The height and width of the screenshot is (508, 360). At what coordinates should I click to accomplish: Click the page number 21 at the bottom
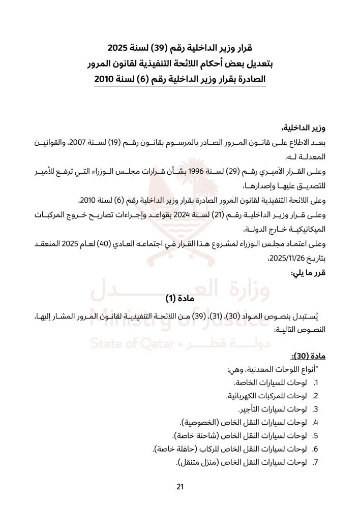(179, 486)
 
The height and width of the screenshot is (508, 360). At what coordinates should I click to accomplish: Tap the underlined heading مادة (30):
(312, 356)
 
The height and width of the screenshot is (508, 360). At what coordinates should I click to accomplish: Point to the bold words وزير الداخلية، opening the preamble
(306, 126)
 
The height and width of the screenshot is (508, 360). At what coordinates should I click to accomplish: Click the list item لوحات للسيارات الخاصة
(277, 383)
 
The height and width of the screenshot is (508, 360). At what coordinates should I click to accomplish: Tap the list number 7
(315, 462)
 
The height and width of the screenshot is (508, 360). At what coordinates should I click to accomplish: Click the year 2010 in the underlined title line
(107, 80)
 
